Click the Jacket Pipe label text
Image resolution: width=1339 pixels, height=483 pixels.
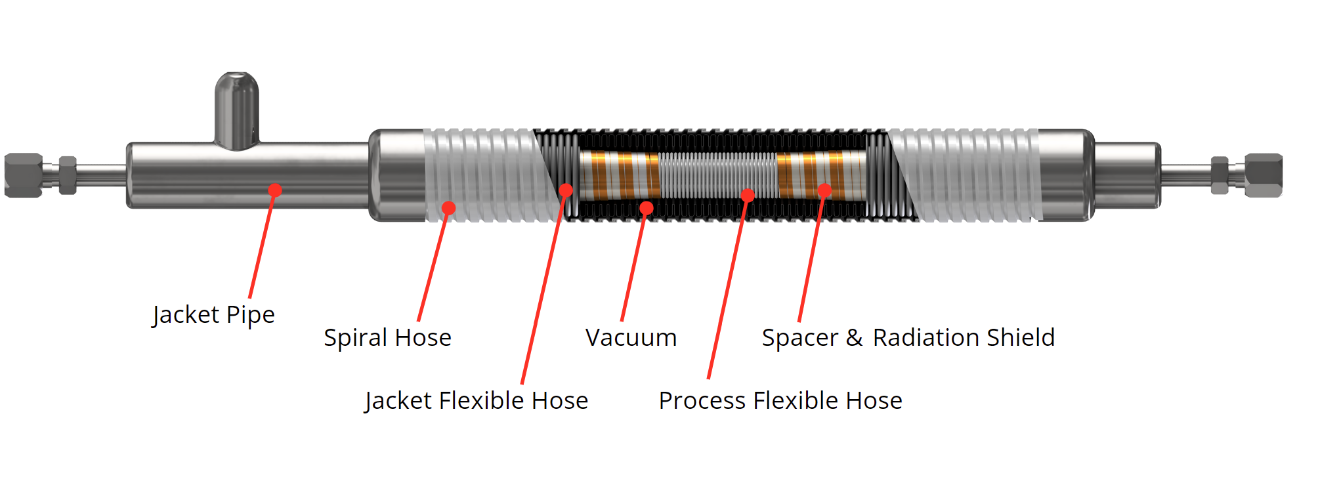[213, 315]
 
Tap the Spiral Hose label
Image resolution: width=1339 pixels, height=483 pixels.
[387, 338]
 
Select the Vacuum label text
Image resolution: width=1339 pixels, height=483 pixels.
[631, 338]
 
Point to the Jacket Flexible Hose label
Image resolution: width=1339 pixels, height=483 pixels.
[477, 401]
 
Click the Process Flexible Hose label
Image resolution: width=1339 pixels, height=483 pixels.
[780, 401]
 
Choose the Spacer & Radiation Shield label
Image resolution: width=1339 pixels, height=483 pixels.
[908, 338]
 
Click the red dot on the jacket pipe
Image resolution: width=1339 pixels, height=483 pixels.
[275, 190]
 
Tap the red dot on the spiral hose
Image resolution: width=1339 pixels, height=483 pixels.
[448, 208]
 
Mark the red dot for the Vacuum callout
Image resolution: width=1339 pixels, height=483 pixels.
[647, 208]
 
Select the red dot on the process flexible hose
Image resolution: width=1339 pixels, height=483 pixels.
[748, 195]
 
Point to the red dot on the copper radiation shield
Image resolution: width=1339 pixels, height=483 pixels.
[824, 190]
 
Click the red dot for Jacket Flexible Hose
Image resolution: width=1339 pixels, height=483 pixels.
[566, 190]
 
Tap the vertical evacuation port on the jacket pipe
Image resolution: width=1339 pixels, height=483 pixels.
[237, 108]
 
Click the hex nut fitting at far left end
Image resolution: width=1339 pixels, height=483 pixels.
[24, 175]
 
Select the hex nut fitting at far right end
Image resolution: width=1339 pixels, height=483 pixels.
[1263, 175]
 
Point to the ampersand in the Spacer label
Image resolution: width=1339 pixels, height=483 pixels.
[854, 338]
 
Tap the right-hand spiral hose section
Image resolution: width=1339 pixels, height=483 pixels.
[965, 175]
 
